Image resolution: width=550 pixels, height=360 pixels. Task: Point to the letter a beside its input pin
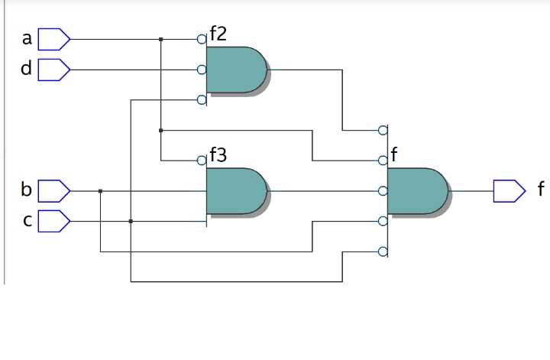pyautogui.click(x=27, y=38)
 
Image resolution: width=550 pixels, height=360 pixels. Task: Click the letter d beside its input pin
pyautogui.click(x=27, y=70)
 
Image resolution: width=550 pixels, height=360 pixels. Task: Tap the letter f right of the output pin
pyautogui.click(x=541, y=190)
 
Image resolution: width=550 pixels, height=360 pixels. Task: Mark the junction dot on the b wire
pyautogui.click(x=100, y=191)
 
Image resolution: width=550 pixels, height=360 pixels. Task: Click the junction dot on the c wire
pyautogui.click(x=131, y=222)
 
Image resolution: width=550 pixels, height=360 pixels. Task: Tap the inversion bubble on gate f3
pyautogui.click(x=202, y=161)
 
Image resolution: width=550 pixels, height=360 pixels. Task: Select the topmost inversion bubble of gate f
pyautogui.click(x=383, y=130)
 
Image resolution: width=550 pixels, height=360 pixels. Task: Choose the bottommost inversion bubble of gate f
pyautogui.click(x=383, y=252)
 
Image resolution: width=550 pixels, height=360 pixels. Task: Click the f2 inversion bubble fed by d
pyautogui.click(x=202, y=70)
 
